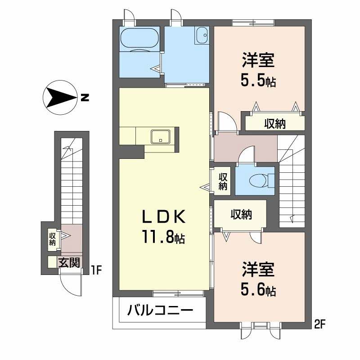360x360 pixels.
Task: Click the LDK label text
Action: [x=164, y=217]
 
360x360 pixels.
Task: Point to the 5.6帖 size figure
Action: [x=257, y=290]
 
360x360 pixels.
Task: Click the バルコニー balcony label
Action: [x=160, y=311]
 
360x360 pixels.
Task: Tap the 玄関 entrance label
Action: [x=69, y=262]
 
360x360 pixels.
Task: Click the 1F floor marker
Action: [x=96, y=270]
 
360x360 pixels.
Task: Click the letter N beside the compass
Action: [x=85, y=97]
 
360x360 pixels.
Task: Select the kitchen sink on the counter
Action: [x=160, y=136]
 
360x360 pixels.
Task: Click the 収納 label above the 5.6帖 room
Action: [x=241, y=215]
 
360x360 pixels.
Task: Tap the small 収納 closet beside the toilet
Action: [x=222, y=181]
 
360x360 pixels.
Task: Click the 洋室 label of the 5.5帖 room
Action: [x=258, y=60]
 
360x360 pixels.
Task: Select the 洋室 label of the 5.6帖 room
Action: [x=258, y=270]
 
